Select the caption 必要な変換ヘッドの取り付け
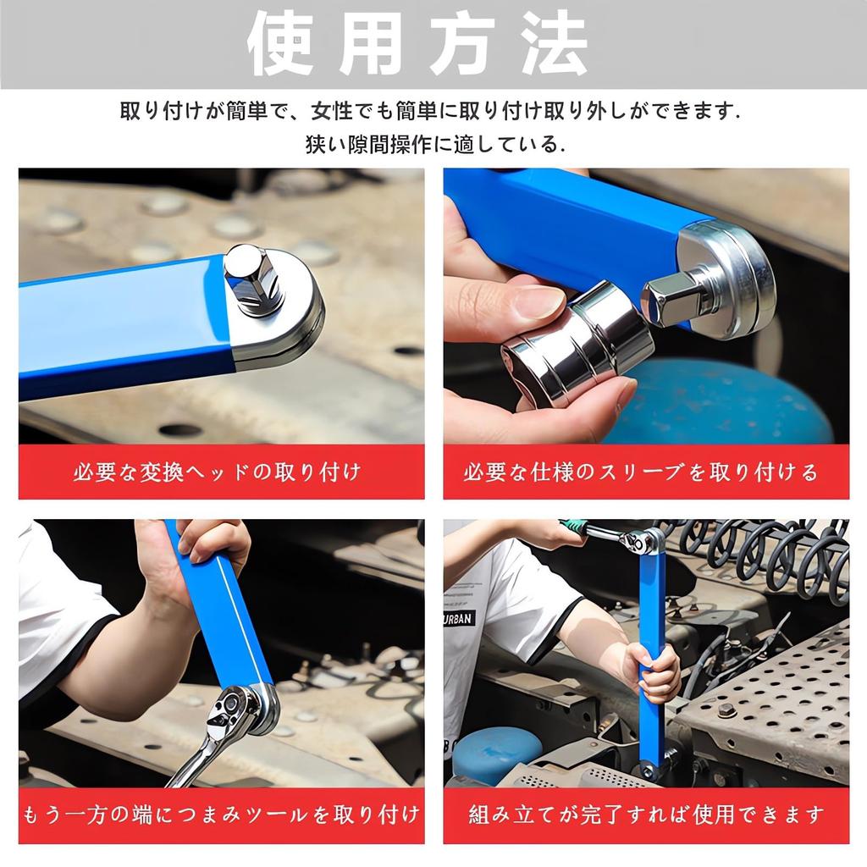tap(221, 472)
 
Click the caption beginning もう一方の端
tap(221, 816)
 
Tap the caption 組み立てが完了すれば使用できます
tap(645, 816)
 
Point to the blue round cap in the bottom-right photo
tap(495, 750)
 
